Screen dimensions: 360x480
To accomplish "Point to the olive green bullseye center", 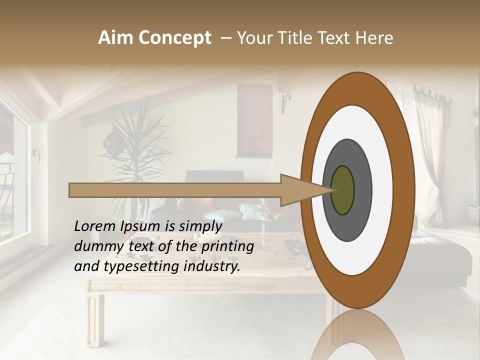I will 343,190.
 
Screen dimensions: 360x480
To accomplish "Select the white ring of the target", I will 380,190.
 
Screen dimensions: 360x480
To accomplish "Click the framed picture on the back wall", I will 254,120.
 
